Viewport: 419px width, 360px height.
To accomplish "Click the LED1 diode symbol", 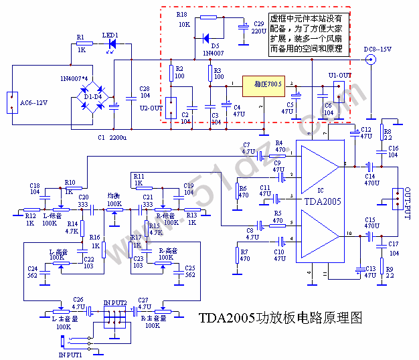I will tap(112, 44).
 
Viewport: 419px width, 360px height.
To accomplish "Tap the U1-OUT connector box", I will tap(339, 90).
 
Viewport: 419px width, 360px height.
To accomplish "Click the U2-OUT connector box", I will tap(172, 107).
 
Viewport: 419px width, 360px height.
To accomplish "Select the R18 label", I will tap(181, 14).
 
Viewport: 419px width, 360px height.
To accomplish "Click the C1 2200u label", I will tap(112, 137).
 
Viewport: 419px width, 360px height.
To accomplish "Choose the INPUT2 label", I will tap(114, 303).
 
